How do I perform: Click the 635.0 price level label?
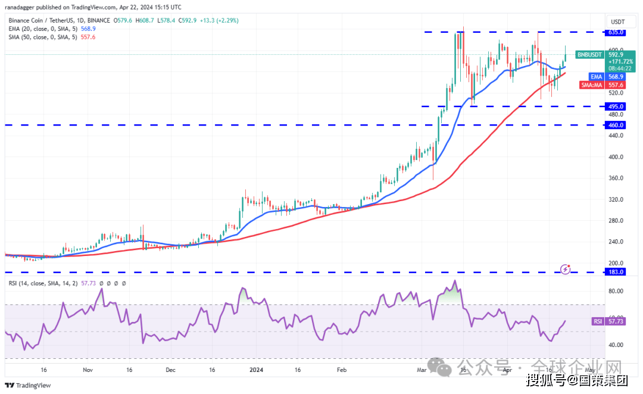coord(616,32)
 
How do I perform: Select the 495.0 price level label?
coord(616,107)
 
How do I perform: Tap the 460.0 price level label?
coord(616,125)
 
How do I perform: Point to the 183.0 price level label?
coord(616,272)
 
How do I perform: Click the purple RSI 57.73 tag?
coord(606,321)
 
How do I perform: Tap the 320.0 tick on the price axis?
coord(616,199)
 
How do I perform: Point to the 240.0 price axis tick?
coord(616,242)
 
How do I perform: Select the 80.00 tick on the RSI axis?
coord(616,291)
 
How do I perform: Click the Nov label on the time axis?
coord(88,370)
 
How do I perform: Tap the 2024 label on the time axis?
coord(256,370)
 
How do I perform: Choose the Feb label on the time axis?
coord(342,370)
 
